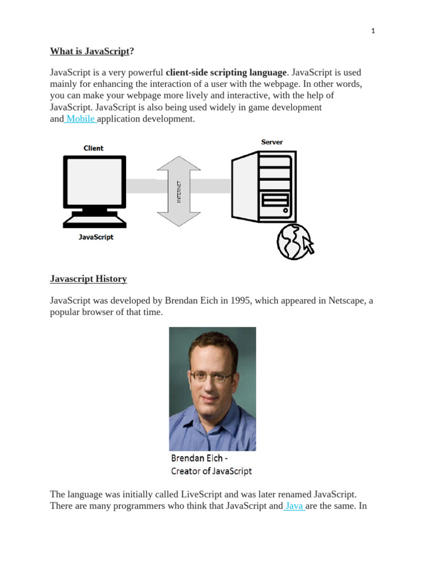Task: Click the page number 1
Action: click(x=373, y=31)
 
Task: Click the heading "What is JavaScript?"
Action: click(x=92, y=51)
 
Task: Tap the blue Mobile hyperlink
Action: click(x=81, y=119)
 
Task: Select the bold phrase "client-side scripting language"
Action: click(x=226, y=72)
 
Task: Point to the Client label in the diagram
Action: click(x=94, y=148)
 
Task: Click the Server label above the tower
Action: click(x=272, y=142)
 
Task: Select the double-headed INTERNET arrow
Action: click(x=179, y=191)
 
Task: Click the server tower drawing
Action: click(x=263, y=187)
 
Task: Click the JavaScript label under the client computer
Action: click(x=96, y=237)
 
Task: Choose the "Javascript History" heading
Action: click(x=89, y=279)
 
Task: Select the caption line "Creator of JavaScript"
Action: click(x=211, y=471)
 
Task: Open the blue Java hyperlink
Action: click(x=294, y=506)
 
